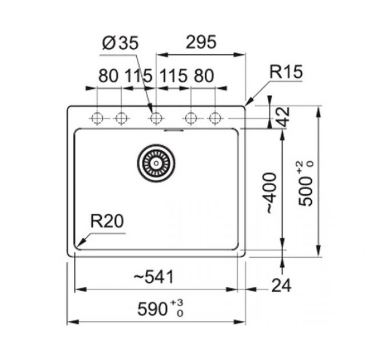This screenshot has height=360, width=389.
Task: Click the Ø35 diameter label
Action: point(121,43)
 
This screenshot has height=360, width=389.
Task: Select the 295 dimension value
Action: point(201,42)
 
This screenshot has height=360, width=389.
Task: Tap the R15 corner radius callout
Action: point(285,73)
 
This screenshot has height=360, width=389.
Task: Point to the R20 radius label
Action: point(107,221)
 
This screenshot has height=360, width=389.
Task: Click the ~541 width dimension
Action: point(153,278)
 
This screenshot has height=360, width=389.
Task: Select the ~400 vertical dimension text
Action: point(269,193)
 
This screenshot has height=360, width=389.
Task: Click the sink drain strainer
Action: point(156,163)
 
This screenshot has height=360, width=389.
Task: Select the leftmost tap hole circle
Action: point(97,118)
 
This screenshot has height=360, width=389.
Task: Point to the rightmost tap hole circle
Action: point(215,118)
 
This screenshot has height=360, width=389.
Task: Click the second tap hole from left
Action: point(121,118)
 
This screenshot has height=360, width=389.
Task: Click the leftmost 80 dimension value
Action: point(108,75)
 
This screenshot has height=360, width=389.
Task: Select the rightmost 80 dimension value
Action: point(204,75)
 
